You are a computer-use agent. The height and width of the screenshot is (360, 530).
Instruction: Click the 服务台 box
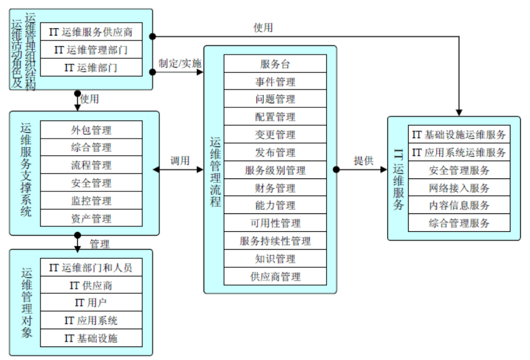pyautogui.click(x=275, y=64)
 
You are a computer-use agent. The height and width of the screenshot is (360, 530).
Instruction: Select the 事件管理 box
pyautogui.click(x=275, y=82)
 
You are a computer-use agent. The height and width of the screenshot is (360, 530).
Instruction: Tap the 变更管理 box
pyautogui.click(x=275, y=135)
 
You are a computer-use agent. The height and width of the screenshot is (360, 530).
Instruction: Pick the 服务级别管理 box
pyautogui.click(x=275, y=170)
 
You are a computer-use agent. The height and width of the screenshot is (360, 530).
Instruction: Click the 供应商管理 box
pyautogui.click(x=275, y=277)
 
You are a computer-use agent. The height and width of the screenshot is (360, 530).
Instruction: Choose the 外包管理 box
pyautogui.click(x=91, y=129)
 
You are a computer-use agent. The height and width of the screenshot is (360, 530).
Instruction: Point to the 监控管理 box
pyautogui.click(x=91, y=201)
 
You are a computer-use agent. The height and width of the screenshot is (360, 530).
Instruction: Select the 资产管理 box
pyautogui.click(x=91, y=218)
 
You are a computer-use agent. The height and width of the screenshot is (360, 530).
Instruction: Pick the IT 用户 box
pyautogui.click(x=91, y=303)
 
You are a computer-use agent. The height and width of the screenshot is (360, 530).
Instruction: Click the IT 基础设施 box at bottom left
pyautogui.click(x=91, y=338)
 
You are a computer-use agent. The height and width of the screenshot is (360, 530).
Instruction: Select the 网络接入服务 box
pyautogui.click(x=459, y=188)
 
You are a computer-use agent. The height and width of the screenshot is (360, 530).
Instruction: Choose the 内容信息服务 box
pyautogui.click(x=459, y=205)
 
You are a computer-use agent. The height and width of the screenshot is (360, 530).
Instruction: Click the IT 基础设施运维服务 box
pyautogui.click(x=459, y=134)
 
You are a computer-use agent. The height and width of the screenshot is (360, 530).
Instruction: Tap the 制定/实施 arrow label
pyautogui.click(x=180, y=63)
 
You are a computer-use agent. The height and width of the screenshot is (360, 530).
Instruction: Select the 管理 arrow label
pyautogui.click(x=99, y=244)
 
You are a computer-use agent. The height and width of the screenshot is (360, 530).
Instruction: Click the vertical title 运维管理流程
pyautogui.click(x=215, y=171)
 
